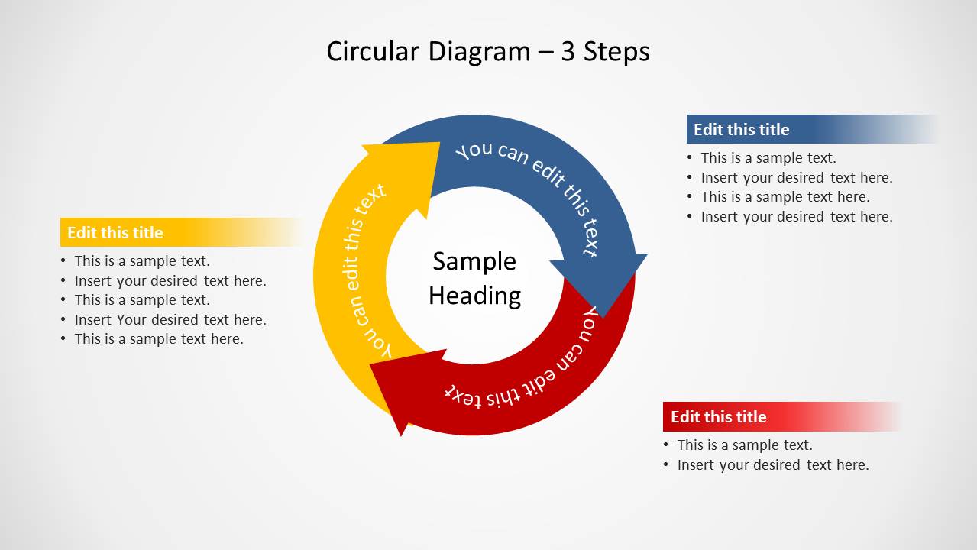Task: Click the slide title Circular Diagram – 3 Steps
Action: tap(487, 52)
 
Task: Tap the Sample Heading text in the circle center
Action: tap(474, 278)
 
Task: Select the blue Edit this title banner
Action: tap(810, 130)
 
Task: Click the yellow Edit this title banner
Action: tap(180, 233)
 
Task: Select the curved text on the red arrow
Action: tap(527, 367)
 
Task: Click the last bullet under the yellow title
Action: tap(159, 339)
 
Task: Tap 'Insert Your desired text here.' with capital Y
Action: tap(170, 320)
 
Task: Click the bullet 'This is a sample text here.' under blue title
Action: tap(785, 197)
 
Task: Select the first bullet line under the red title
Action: tap(745, 445)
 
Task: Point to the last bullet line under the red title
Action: tap(773, 465)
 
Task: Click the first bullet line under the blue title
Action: tap(768, 158)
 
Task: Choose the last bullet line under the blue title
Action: tap(797, 217)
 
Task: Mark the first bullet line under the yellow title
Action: tap(142, 261)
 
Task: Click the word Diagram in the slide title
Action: tap(479, 52)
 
